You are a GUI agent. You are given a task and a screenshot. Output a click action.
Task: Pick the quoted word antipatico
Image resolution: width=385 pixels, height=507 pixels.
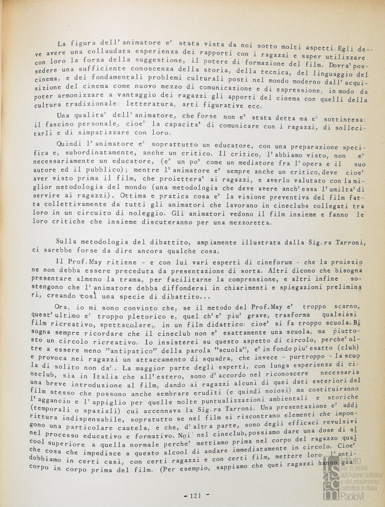(x=157, y=348)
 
